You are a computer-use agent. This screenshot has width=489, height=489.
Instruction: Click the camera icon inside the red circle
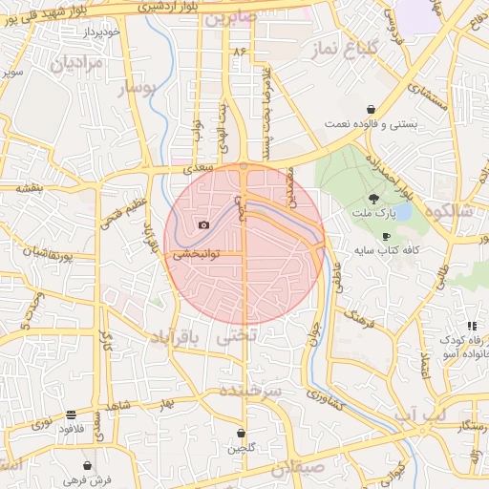203,225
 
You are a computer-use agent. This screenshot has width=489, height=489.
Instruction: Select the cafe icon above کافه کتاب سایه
386,236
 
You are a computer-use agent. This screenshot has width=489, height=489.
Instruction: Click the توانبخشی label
196,255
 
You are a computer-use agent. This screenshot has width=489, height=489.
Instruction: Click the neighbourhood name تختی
237,337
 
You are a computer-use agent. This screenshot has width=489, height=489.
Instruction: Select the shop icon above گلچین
241,434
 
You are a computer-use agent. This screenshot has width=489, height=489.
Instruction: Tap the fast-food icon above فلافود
72,415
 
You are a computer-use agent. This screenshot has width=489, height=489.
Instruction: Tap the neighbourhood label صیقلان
297,468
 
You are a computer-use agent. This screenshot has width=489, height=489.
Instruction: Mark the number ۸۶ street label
239,50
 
